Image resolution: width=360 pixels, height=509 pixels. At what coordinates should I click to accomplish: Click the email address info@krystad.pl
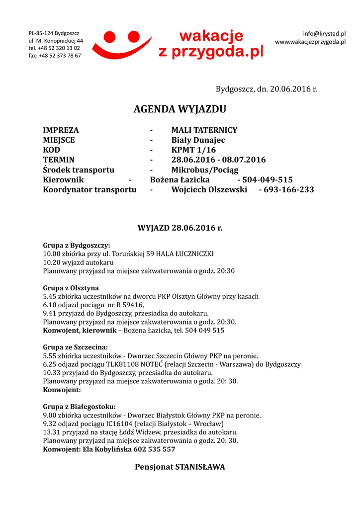click(x=324, y=33)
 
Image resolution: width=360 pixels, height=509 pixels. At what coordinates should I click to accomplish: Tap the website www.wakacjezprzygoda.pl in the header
click(x=310, y=42)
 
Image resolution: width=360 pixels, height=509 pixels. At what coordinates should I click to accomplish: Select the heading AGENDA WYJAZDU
click(x=180, y=109)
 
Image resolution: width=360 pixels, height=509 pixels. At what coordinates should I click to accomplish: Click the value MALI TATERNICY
click(x=204, y=130)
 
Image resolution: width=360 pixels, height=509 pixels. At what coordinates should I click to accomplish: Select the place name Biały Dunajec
click(x=198, y=140)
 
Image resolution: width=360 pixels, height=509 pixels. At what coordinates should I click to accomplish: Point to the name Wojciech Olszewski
click(x=209, y=189)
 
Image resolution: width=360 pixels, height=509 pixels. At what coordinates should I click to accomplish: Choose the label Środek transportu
click(x=79, y=170)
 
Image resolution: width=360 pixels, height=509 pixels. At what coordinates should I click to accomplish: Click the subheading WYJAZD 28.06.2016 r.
click(x=180, y=228)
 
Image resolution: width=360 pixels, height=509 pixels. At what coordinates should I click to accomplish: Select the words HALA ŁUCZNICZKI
click(x=184, y=254)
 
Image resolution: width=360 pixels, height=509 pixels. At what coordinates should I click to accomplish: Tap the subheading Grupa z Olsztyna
click(x=71, y=288)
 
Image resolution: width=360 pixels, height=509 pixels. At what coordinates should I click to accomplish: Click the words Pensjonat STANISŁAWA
click(x=180, y=467)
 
